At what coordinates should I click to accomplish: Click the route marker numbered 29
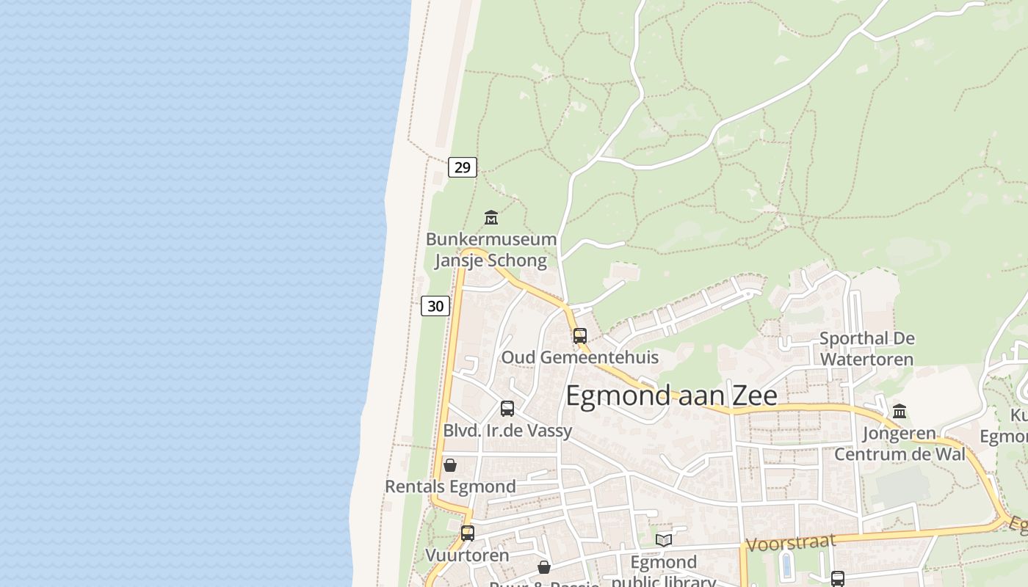[463, 167]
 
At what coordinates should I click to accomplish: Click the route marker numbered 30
[435, 306]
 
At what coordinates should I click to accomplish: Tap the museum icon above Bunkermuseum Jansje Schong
[491, 218]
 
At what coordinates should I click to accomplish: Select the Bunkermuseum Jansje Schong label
[491, 250]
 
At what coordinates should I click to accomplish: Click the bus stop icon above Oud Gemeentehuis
[580, 336]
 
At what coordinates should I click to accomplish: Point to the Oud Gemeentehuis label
[579, 357]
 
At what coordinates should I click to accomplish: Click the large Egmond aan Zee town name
[671, 395]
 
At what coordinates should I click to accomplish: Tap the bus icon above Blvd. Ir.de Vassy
[507, 409]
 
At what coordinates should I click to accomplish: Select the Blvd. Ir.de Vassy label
[507, 431]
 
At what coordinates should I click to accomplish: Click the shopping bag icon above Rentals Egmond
[450, 465]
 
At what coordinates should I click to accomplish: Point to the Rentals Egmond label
[450, 486]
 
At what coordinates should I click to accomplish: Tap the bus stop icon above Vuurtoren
[468, 533]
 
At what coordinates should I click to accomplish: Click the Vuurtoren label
[467, 555]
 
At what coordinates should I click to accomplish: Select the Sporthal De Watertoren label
[866, 349]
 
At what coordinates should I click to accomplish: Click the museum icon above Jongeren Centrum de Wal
[899, 411]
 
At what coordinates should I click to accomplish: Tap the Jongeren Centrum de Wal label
[899, 443]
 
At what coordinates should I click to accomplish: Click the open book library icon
[664, 540]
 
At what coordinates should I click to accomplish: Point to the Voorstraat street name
[791, 543]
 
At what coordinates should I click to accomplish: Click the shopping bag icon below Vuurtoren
[544, 567]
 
